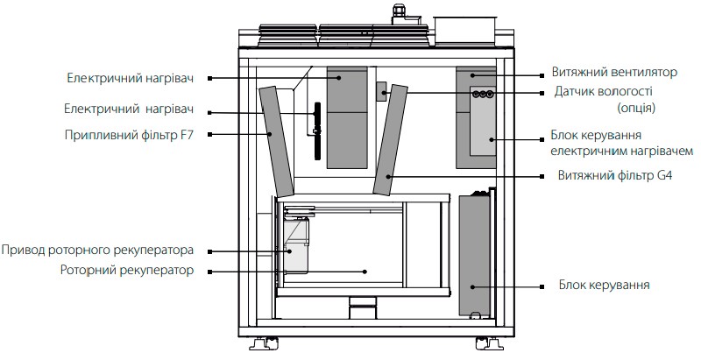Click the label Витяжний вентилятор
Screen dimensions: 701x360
pyautogui.click(x=614, y=73)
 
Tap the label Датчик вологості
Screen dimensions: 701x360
pyautogui.click(x=604, y=92)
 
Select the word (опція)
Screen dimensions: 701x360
pyautogui.click(x=636, y=108)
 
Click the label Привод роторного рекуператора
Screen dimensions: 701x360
pyautogui.click(x=97, y=251)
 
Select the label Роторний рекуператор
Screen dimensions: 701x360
pyautogui.click(x=127, y=271)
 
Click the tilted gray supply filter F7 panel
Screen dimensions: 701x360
pyautogui.click(x=276, y=141)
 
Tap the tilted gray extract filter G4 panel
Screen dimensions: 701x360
pyautogui.click(x=390, y=140)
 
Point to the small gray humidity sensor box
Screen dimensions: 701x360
pyautogui.click(x=381, y=92)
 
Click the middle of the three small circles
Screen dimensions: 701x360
pyautogui.click(x=483, y=94)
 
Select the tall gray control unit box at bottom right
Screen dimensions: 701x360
pyautogui.click(x=475, y=255)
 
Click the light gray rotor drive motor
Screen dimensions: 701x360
pyautogui.click(x=295, y=244)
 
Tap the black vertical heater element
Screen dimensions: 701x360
pyautogui.click(x=317, y=131)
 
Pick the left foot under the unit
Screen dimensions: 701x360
pyautogui.click(x=264, y=343)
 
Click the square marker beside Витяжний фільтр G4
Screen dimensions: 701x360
pyautogui.click(x=542, y=176)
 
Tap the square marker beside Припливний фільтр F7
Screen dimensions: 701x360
pyautogui.click(x=209, y=134)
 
